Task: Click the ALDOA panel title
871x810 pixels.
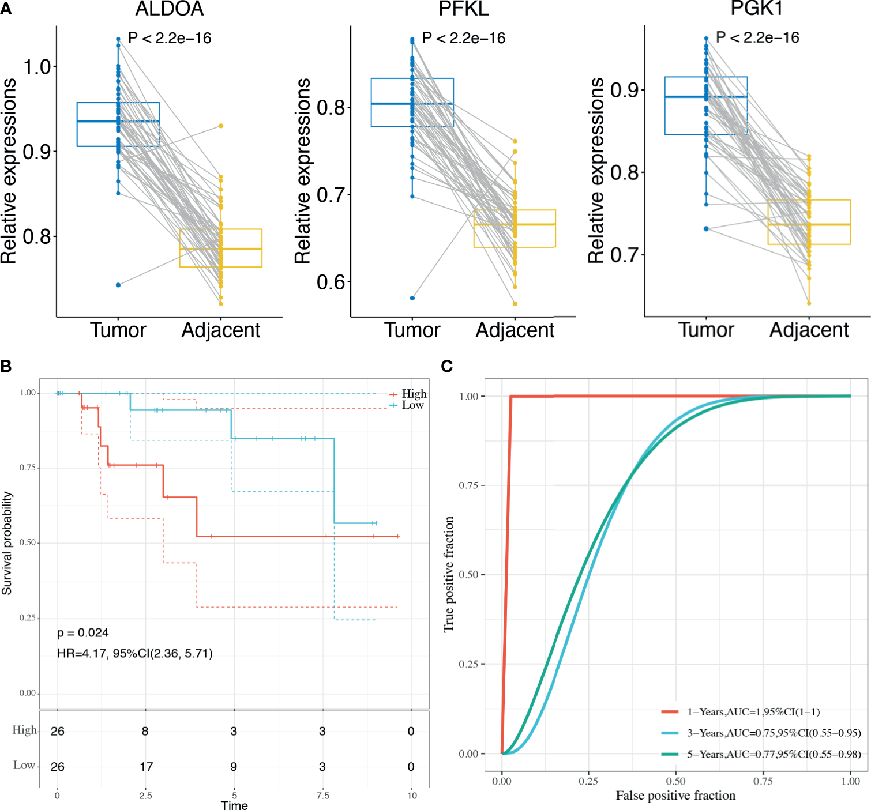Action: point(169,9)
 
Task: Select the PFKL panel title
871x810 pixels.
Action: point(463,9)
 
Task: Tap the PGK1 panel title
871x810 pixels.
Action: point(756,8)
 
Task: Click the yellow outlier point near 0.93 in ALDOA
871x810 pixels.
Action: point(220,126)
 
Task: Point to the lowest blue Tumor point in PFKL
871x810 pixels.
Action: point(412,298)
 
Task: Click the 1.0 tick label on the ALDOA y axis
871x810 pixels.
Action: point(37,67)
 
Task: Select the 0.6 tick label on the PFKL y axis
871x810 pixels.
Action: point(331,282)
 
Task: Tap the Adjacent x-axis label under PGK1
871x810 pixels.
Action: point(809,330)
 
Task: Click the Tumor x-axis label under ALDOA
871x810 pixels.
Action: point(118,330)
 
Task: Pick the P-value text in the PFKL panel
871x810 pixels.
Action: point(463,38)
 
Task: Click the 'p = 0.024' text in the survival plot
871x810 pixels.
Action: point(82,633)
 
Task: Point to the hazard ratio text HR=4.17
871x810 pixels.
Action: point(134,653)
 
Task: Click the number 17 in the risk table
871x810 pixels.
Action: point(146,767)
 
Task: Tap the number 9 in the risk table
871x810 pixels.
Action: point(234,767)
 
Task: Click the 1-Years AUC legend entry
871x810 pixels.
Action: point(753,712)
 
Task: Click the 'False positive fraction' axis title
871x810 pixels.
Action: point(675,796)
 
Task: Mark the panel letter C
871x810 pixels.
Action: point(446,366)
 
